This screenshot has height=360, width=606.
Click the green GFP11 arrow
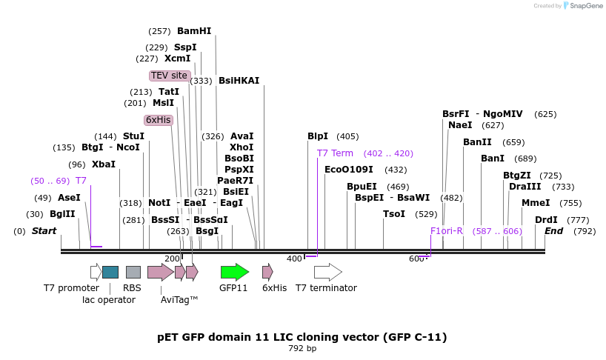click(234, 272)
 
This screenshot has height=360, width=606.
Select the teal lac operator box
click(110, 272)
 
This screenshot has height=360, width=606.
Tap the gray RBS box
click(133, 272)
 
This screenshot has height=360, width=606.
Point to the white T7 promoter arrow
click(96, 272)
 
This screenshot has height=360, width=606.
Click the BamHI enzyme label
click(194, 31)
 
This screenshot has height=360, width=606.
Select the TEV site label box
click(169, 76)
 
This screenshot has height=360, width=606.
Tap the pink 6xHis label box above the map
click(159, 120)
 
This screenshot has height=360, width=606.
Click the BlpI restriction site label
click(318, 136)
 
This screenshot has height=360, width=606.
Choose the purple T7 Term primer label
click(335, 153)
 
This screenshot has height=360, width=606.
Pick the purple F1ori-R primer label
click(447, 231)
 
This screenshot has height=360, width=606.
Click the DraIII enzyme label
click(525, 187)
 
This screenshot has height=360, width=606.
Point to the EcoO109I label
click(349, 170)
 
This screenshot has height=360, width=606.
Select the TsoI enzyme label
click(394, 214)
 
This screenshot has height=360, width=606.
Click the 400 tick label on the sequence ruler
click(294, 259)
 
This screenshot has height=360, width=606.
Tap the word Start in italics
click(44, 231)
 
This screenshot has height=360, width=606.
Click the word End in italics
click(554, 231)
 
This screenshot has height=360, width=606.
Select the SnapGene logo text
click(585, 6)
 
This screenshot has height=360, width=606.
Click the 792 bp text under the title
click(302, 348)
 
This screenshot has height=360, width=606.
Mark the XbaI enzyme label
click(104, 164)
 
